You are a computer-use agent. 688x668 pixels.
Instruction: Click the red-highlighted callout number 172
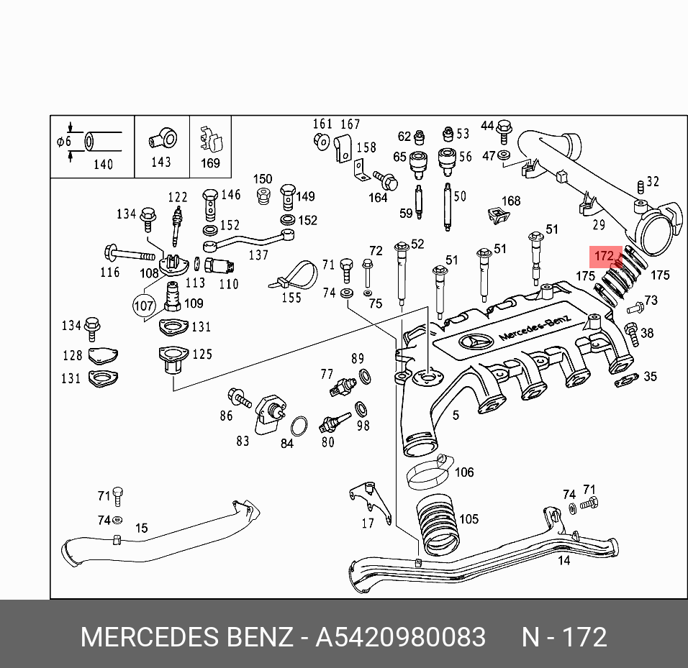604,256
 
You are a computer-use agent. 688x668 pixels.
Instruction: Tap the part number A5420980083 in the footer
401,637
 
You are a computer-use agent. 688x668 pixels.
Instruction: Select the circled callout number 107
144,306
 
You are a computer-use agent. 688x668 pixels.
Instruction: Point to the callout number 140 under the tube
103,164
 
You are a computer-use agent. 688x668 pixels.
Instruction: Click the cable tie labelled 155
295,276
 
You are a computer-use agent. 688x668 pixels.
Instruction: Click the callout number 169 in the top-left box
210,163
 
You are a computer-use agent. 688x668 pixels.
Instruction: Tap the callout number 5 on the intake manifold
456,415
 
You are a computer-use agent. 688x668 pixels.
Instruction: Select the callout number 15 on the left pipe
142,529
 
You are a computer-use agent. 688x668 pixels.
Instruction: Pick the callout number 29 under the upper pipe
598,225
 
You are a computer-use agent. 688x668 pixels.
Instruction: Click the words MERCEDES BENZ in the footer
186,637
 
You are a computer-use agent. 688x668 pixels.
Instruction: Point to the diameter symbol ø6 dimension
64,142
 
